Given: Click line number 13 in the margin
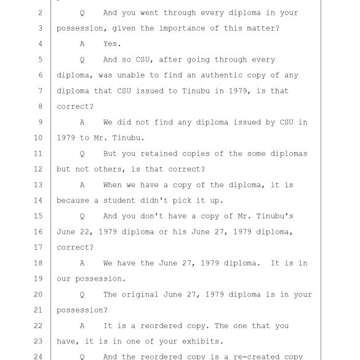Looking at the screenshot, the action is pos(38,185).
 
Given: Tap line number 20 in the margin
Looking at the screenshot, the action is pos(38,294).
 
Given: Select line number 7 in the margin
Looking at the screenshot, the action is pos(41,90).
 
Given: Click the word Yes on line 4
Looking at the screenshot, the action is pos(112,44).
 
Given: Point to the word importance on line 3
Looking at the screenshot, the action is pos(182,28).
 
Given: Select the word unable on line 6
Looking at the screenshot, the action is pos(131,75).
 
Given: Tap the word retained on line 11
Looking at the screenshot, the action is pos(159,153).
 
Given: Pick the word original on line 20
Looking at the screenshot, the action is pos(140,294).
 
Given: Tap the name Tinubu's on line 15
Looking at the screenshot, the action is pos(274,216).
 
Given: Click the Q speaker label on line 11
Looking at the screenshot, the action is pos(82,154).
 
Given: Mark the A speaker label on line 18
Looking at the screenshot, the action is pos(82,263).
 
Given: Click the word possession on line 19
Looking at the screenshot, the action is pos(100,279).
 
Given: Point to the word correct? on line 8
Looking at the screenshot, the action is pos(75,106).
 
